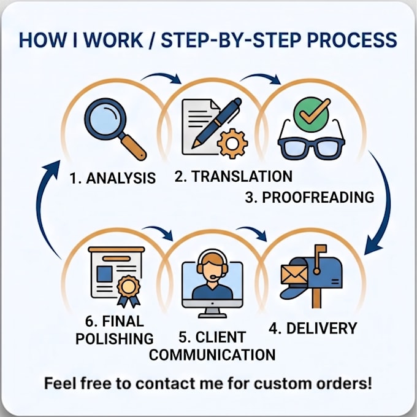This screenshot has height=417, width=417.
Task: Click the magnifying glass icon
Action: [114, 128]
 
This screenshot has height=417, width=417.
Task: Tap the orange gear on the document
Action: [232, 144]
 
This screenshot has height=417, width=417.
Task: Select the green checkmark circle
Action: [312, 114]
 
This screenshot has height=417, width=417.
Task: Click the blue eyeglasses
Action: [312, 145]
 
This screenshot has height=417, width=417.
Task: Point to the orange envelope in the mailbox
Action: [294, 275]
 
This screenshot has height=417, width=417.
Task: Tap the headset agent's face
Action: [212, 268]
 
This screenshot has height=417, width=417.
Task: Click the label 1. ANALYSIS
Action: [112, 178]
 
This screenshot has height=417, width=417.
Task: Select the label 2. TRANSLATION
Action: [234, 176]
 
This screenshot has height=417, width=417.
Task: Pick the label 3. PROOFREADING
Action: [310, 197]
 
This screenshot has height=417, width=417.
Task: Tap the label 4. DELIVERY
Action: [313, 329]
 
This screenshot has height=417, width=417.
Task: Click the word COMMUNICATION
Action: [212, 355]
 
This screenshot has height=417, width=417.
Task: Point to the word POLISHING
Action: [115, 339]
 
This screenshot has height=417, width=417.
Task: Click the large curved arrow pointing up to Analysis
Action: [42, 208]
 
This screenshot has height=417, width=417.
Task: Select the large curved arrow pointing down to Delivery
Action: [384, 203]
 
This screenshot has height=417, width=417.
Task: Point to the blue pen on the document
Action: [216, 123]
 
